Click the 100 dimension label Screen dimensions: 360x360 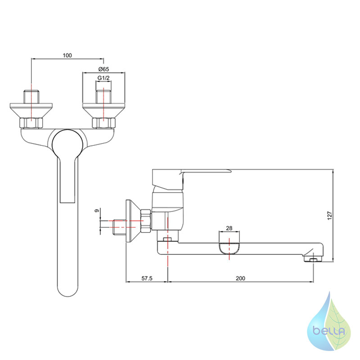[67, 55]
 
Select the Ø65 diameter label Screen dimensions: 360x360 [103, 69]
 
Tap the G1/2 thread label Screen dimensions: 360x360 [103, 78]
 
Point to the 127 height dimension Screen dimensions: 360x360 [330, 216]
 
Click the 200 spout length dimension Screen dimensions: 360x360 [240, 278]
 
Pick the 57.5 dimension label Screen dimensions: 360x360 [147, 278]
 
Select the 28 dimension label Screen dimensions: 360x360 [229, 228]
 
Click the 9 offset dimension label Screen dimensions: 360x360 [97, 210]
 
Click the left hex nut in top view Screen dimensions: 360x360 [31, 123]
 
